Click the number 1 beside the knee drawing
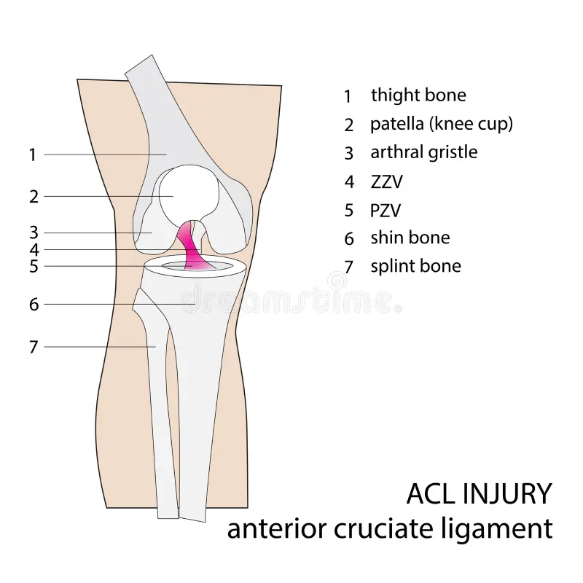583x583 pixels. pos(32,154)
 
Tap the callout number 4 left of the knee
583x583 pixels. pos(34,250)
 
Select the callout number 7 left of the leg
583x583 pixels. pos(33,347)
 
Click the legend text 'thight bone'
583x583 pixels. pos(418,95)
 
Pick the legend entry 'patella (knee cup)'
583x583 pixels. pos(442,124)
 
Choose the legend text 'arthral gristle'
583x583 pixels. pos(424,152)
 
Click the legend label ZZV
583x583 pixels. pos(386,181)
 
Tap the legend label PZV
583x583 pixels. pos(386,211)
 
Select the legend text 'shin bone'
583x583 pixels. pos(410,238)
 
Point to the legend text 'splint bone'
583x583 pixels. pos(415,266)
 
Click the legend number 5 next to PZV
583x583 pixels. pos(349,211)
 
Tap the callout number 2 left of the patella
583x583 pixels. pos(34,196)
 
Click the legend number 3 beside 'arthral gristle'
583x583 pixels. pos(349,153)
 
